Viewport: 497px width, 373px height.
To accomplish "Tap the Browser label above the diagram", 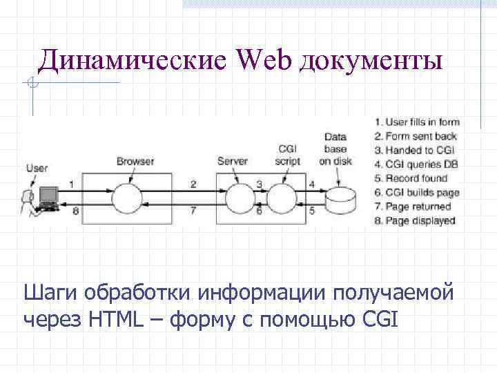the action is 135,162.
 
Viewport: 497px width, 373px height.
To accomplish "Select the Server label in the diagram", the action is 233,162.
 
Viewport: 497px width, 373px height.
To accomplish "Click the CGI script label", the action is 287,155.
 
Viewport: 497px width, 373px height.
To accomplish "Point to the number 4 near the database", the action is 312,184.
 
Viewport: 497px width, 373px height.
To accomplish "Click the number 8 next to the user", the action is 75,210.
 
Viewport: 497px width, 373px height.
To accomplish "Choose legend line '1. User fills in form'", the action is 417,122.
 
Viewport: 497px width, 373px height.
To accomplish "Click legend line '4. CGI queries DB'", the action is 416,164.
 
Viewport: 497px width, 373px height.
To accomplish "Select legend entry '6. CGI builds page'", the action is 417,193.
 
